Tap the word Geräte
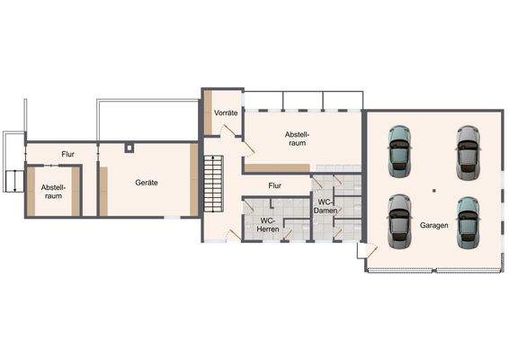click(146, 182)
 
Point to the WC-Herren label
click(267, 225)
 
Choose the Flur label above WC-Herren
click(275, 185)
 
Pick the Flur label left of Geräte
click(67, 154)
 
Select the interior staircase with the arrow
click(213, 181)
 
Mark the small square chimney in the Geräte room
click(130, 146)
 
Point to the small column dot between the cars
click(433, 190)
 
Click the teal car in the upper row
click(398, 150)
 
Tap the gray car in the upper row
click(466, 150)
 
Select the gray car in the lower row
click(397, 220)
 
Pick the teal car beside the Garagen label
click(466, 220)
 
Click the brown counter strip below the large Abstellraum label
click(278, 168)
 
